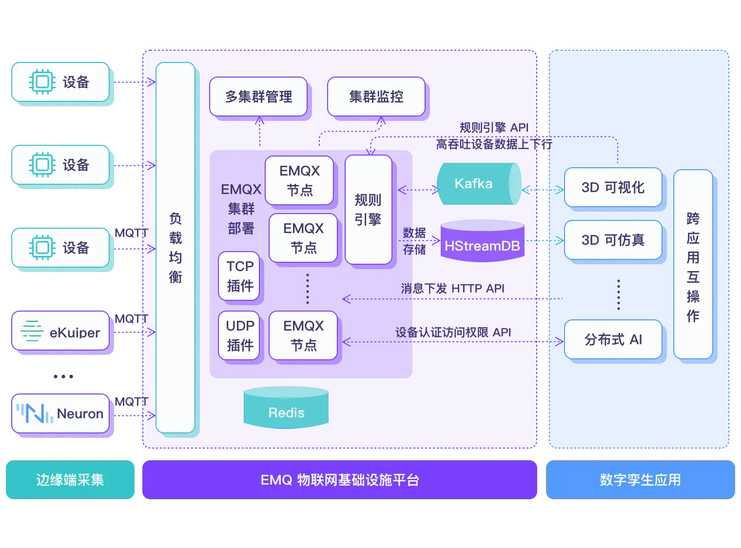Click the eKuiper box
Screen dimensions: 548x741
point(60,332)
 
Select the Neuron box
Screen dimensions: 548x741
point(60,413)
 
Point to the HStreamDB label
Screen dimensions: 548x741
point(482,246)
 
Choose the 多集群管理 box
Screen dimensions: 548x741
point(258,97)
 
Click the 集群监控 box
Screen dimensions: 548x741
point(376,97)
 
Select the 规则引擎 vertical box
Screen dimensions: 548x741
point(368,210)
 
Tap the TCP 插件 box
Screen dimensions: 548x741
point(239,276)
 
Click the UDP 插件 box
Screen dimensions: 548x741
point(239,335)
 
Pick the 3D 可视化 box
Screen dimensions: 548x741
point(613,187)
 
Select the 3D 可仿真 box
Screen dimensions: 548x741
point(613,240)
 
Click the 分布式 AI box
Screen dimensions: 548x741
point(613,339)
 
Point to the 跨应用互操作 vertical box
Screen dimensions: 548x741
point(693,264)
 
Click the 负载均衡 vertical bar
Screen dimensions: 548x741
point(175,248)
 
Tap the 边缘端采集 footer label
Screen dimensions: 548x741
point(70,480)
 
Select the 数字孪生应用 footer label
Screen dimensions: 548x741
point(641,480)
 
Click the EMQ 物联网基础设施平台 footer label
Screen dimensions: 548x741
point(339,480)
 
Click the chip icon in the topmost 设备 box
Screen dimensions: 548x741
point(42,82)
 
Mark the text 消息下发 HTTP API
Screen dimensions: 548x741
point(452,289)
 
